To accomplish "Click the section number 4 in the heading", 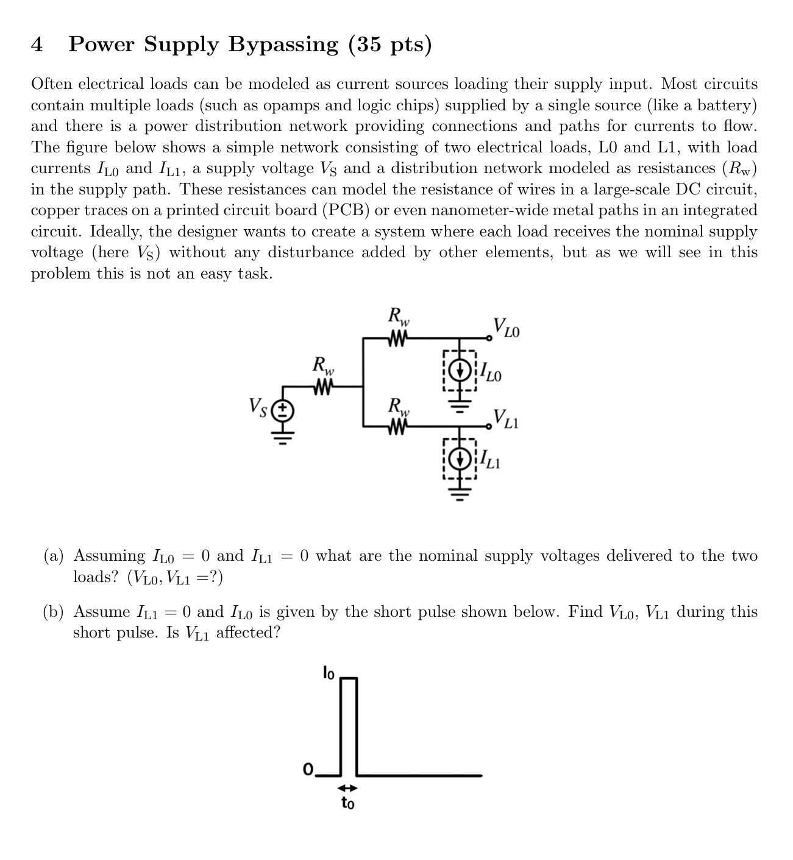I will [37, 44].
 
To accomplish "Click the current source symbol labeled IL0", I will [460, 369].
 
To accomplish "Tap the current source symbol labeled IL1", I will [460, 458].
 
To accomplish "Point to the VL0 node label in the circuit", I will [507, 328].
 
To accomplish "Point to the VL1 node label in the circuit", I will [506, 418].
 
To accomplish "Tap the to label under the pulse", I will [347, 803].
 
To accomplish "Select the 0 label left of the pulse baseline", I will [308, 768].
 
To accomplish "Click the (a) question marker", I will [54, 556].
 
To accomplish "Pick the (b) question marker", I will [54, 612].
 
